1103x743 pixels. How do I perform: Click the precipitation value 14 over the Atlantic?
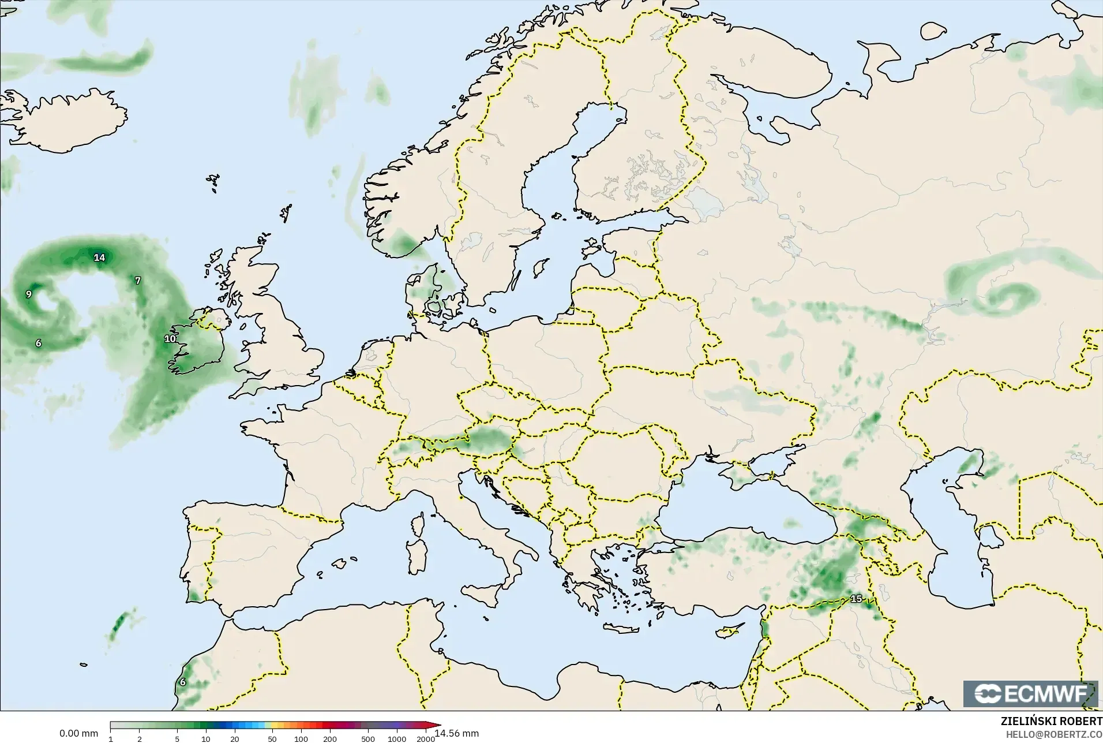(100, 257)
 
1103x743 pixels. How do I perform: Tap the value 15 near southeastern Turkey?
(856, 599)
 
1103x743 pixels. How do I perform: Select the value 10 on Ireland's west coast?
(170, 339)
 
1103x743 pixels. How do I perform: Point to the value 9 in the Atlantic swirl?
(29, 294)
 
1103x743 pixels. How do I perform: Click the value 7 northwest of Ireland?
(137, 281)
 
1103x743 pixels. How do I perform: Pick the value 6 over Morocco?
(183, 682)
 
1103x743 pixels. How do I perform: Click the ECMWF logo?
(1030, 694)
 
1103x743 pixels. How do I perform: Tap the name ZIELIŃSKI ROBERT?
(1051, 722)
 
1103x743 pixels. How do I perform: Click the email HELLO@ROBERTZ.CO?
(1054, 734)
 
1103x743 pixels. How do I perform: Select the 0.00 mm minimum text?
(78, 733)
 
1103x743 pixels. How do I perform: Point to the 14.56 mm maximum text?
(457, 733)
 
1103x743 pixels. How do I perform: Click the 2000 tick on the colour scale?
(426, 739)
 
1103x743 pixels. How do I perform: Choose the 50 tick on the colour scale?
(272, 739)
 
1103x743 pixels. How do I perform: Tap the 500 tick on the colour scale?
(367, 739)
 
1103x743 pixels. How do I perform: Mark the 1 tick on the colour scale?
(110, 739)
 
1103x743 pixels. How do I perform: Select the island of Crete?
(626, 630)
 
